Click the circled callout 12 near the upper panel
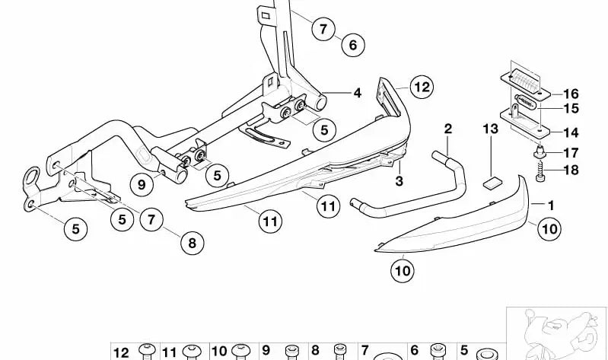pos(422,87)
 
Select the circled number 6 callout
pos(352,46)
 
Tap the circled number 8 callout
pos(192,244)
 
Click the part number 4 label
pos(336,94)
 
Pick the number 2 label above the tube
pos(448,128)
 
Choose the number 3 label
pos(398,181)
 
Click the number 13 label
pos(490,129)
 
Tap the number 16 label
pos(571,94)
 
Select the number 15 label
pos(571,108)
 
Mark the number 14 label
pos(571,132)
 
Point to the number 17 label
pos(571,152)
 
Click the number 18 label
pos(571,170)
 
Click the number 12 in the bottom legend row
pos(122,352)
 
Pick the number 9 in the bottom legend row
pos(267,352)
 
